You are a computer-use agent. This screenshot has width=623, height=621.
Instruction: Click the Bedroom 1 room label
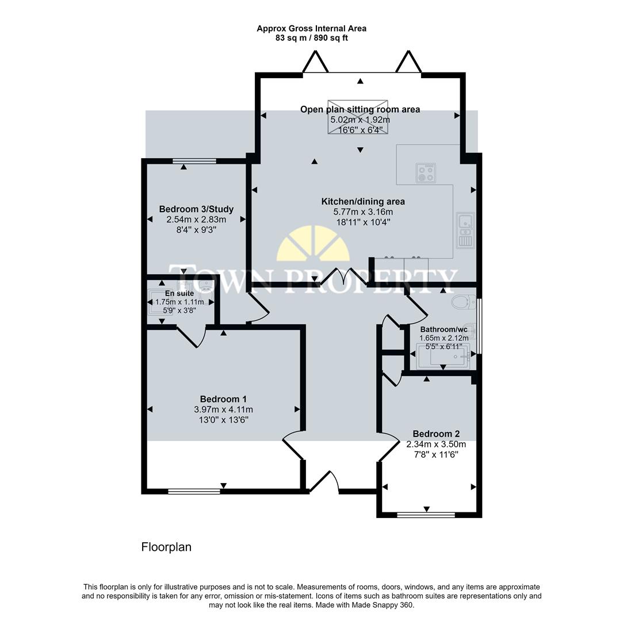[223, 399]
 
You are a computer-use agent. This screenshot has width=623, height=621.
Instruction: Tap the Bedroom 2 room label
[436, 434]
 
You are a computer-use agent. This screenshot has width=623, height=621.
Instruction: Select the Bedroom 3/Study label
[196, 209]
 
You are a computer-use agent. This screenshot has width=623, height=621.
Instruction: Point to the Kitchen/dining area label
[362, 201]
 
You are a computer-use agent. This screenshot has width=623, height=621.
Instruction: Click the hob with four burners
[426, 172]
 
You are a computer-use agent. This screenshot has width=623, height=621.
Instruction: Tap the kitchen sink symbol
[465, 230]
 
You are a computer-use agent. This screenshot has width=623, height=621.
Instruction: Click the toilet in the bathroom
[464, 302]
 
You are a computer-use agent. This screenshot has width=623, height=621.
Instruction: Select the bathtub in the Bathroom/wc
[443, 356]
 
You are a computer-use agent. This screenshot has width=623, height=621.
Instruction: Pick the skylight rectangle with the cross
[358, 116]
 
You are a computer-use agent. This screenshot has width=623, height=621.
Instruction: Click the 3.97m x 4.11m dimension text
[223, 409]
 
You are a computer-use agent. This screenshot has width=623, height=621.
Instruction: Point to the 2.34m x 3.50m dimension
[436, 444]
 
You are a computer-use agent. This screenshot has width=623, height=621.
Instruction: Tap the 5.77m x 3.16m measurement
[362, 212]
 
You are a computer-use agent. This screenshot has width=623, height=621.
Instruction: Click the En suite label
[179, 293]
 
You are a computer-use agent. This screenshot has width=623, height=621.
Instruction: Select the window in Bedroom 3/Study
[194, 162]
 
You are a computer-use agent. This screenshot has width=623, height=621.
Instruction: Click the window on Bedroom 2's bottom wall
[426, 515]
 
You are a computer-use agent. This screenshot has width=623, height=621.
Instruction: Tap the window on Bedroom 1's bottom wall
[194, 491]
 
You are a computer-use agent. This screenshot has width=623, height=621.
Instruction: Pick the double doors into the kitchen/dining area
[343, 277]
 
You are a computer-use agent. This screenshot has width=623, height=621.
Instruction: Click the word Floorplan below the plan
[166, 547]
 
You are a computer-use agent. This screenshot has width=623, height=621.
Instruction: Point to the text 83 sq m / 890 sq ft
[311, 38]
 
